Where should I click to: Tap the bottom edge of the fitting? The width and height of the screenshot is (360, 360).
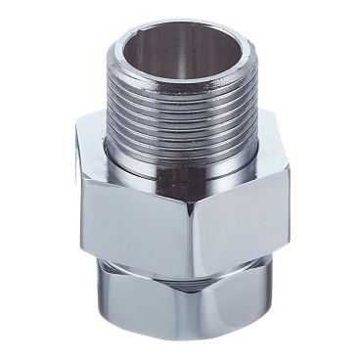[186, 344]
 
